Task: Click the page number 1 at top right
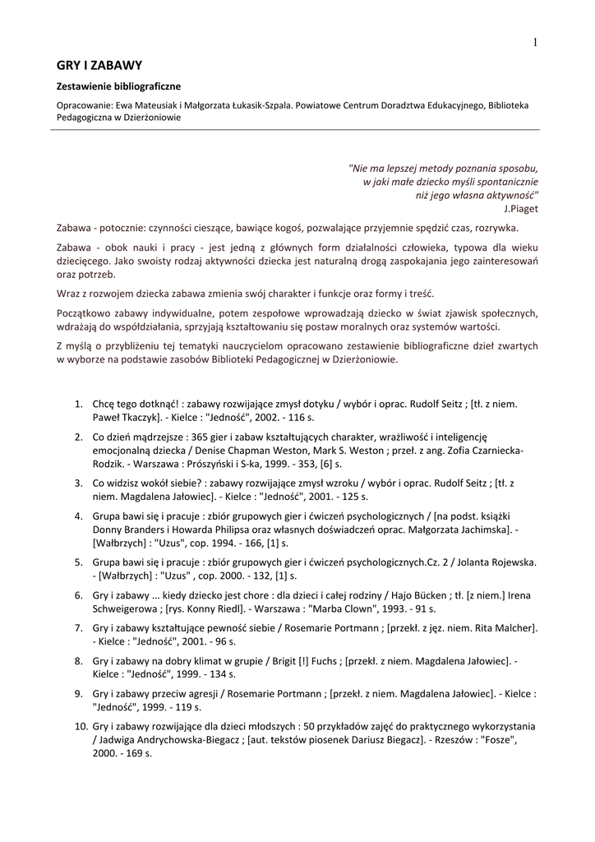point(534,42)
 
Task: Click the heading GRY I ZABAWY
point(99,65)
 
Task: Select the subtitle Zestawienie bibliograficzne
point(118,86)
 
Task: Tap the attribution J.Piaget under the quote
point(522,209)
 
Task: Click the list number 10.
point(81,726)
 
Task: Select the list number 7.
point(79,628)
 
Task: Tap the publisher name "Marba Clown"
point(356,608)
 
